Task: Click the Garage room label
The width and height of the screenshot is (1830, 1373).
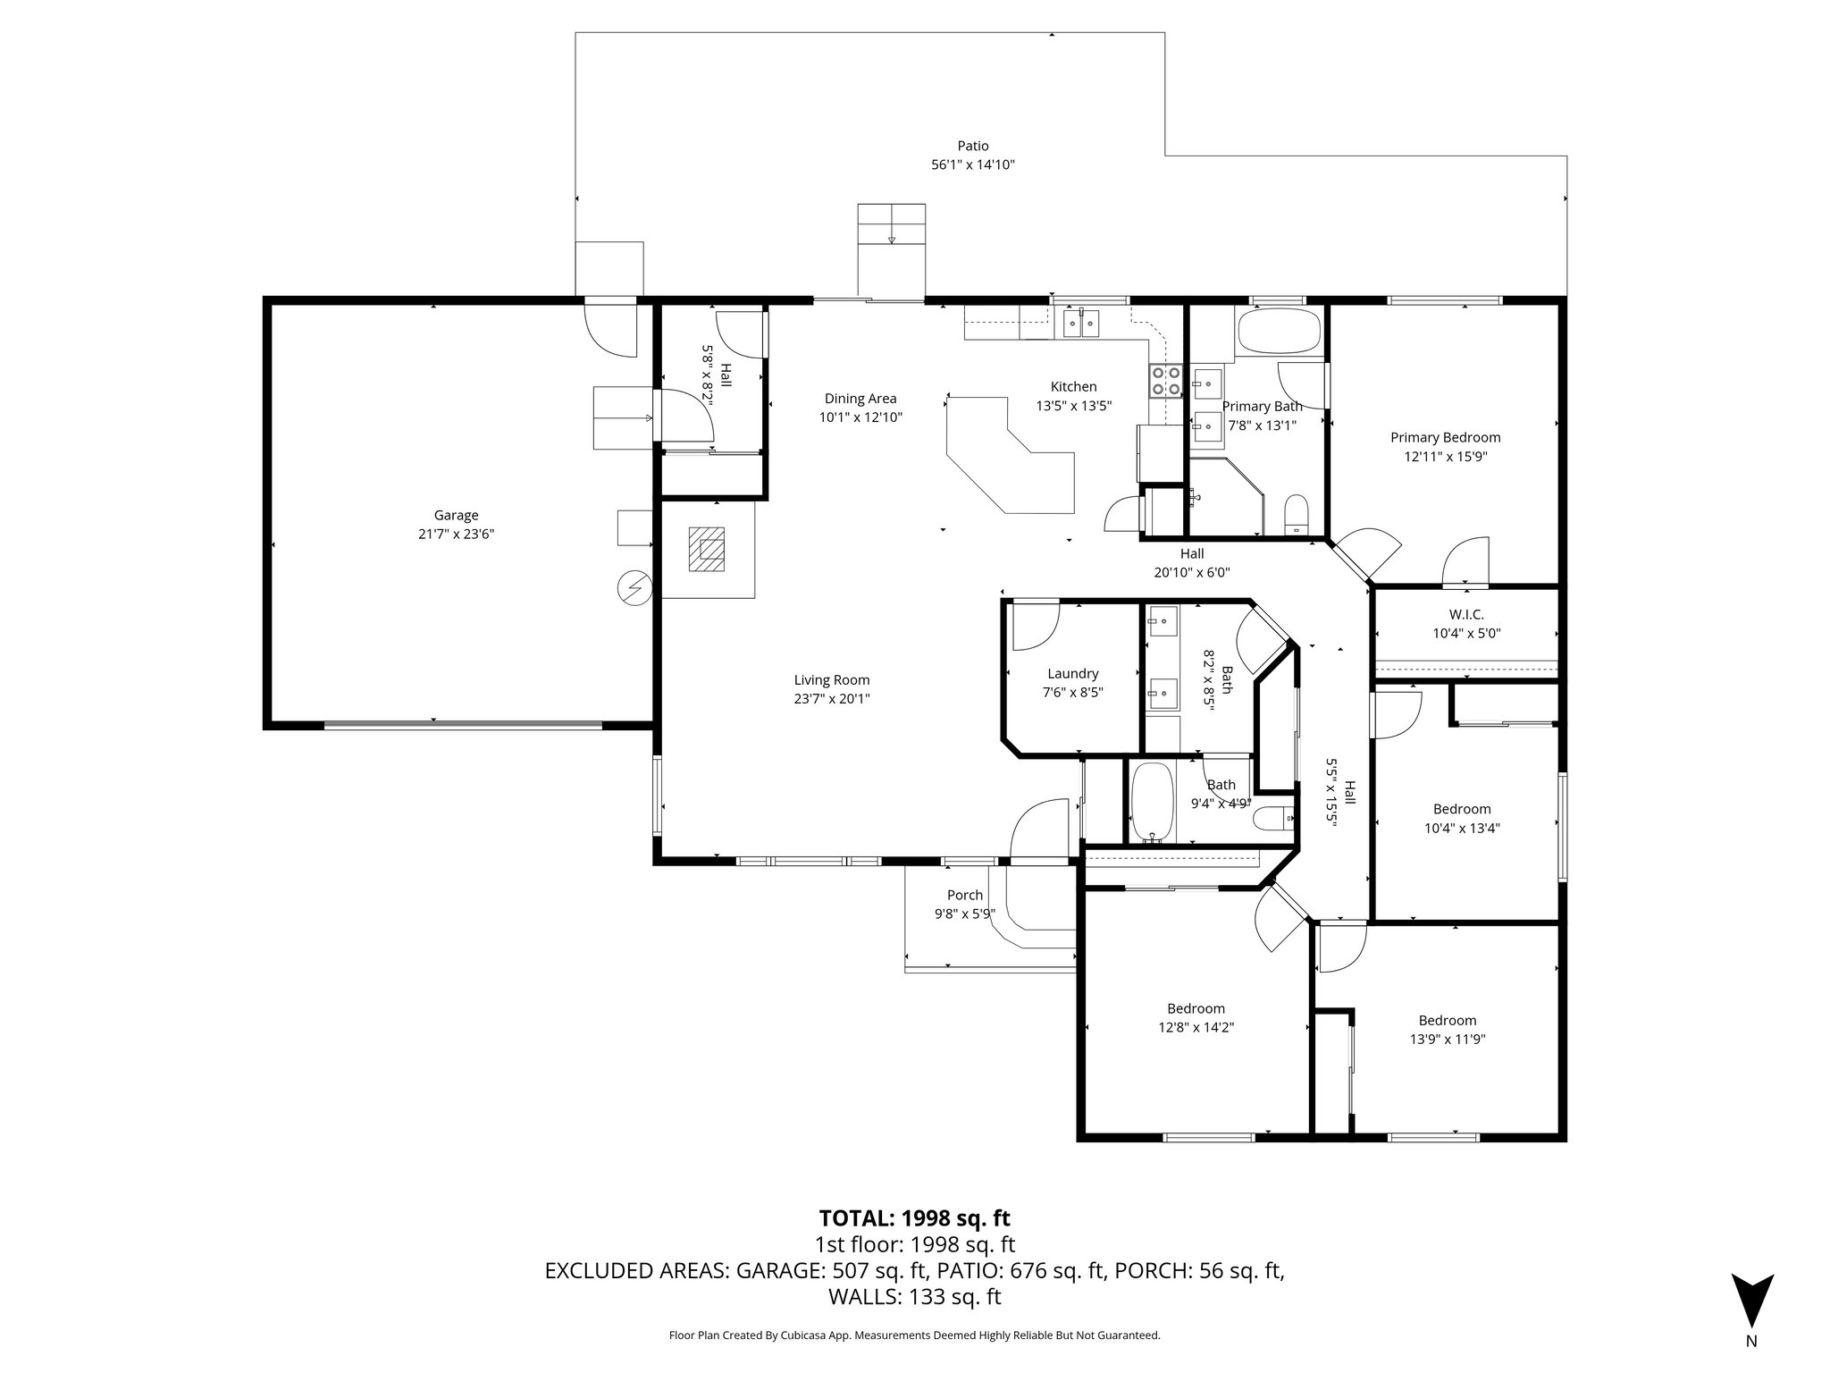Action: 456,515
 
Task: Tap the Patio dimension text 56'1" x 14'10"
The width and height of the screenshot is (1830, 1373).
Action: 973,164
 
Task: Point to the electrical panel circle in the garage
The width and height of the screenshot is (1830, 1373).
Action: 635,588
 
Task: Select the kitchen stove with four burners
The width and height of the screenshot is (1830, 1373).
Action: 1164,381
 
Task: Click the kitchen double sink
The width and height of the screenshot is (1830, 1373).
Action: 1081,323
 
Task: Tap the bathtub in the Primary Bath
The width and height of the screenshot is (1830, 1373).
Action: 1278,333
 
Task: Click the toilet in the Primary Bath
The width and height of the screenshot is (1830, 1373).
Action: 1296,514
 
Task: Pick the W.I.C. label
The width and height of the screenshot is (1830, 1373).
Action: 1466,615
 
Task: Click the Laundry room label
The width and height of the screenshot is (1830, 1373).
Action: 1072,674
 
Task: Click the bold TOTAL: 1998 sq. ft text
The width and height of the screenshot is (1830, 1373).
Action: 914,1217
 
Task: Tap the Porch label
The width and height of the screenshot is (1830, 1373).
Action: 965,895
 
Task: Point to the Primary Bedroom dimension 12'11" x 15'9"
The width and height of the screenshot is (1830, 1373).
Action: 1445,456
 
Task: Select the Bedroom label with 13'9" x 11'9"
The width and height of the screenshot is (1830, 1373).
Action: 1448,1020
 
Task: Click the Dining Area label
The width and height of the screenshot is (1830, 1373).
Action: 860,399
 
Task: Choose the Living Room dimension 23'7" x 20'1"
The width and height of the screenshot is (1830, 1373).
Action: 832,699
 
